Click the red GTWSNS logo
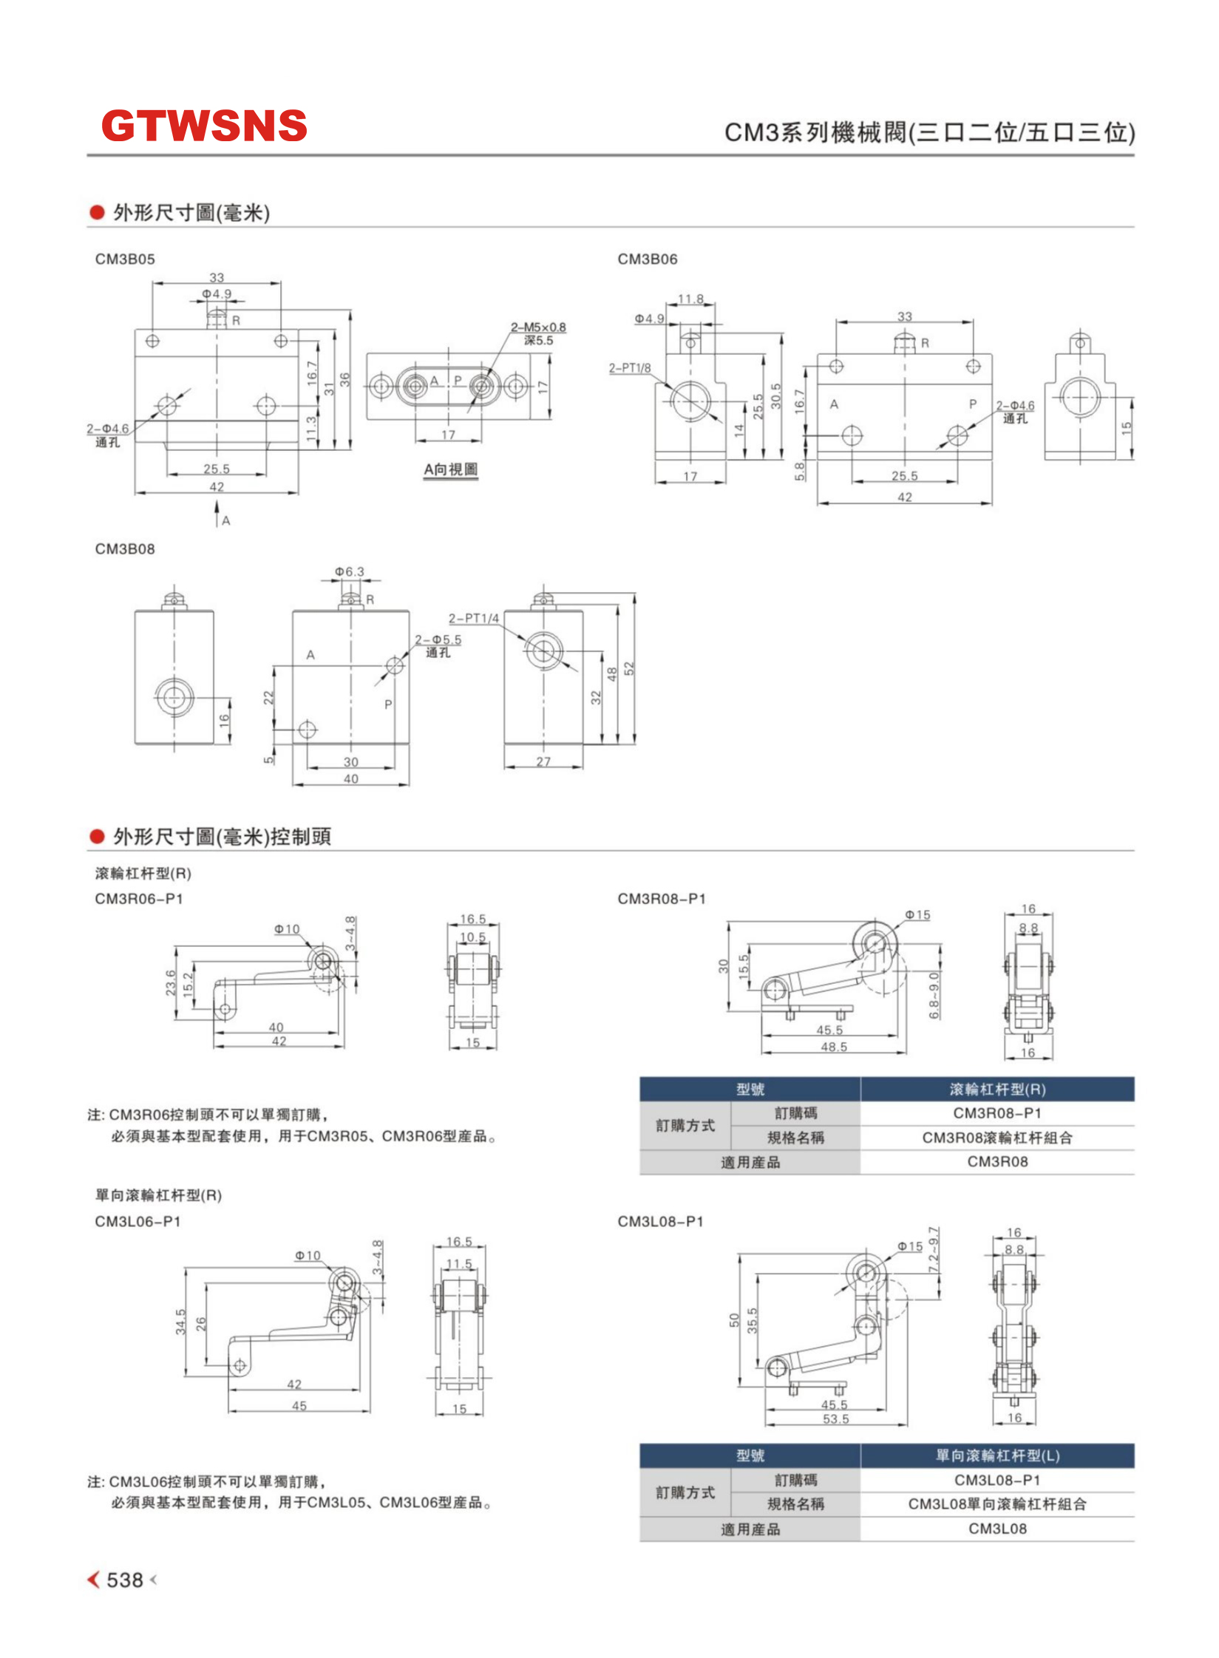pyautogui.click(x=204, y=126)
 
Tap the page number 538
pyautogui.click(x=124, y=1580)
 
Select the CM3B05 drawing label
pyautogui.click(x=125, y=259)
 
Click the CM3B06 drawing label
pyautogui.click(x=647, y=259)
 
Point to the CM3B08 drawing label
pyautogui.click(x=125, y=549)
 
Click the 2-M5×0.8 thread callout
pyautogui.click(x=538, y=327)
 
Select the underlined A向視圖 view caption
pyautogui.click(x=450, y=470)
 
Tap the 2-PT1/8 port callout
pyautogui.click(x=630, y=367)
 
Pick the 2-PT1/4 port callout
pyautogui.click(x=474, y=618)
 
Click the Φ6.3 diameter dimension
pyautogui.click(x=349, y=571)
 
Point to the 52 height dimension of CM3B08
pyautogui.click(x=629, y=668)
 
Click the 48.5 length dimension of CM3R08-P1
pyautogui.click(x=834, y=1047)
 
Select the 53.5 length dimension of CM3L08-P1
pyautogui.click(x=836, y=1419)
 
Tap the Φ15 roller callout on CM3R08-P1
pyautogui.click(x=917, y=915)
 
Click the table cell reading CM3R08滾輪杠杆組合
pyautogui.click(x=997, y=1138)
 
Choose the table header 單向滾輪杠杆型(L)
pyautogui.click(x=997, y=1455)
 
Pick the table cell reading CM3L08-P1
pyautogui.click(x=997, y=1480)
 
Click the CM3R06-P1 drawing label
pyautogui.click(x=139, y=899)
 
